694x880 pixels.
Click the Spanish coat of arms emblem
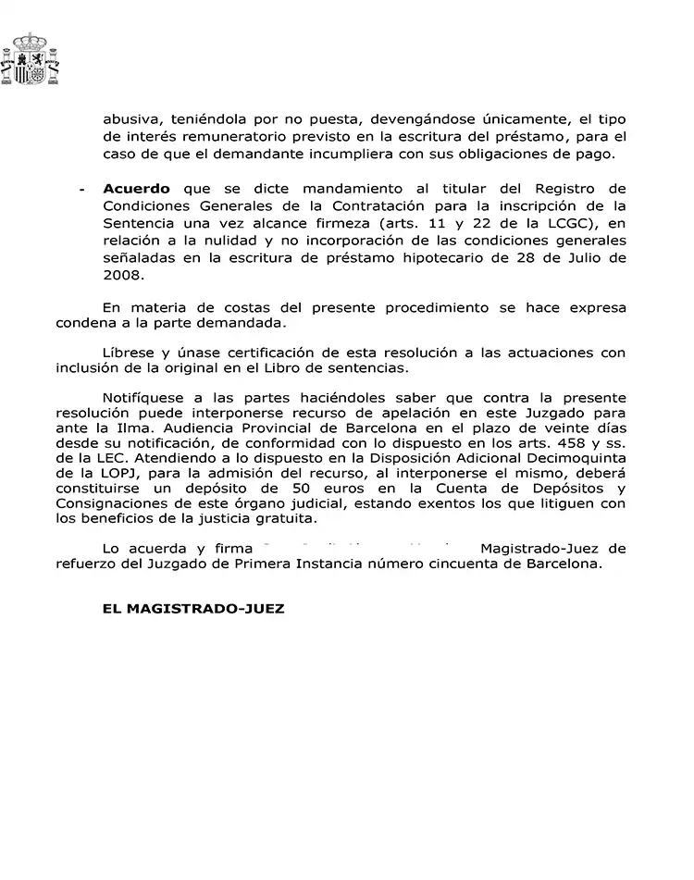pos(32,60)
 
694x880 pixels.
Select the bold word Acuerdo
pos(138,189)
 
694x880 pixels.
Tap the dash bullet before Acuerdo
pos(82,190)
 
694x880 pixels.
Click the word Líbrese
pos(130,353)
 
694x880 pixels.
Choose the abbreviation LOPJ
pos(139,475)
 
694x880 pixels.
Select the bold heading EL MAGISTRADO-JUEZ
pos(193,609)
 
